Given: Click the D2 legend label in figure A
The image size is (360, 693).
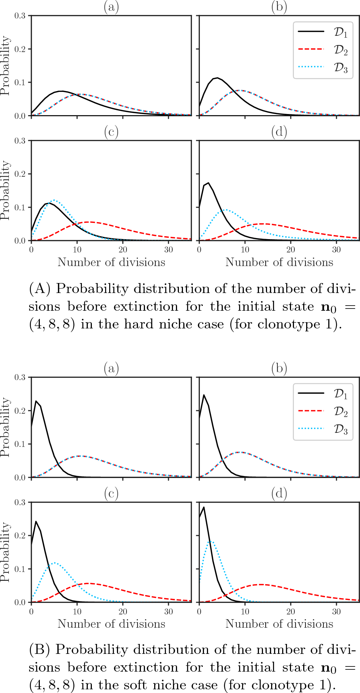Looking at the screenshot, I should coord(340,50).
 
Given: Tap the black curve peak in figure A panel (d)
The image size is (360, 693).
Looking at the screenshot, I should coord(208,183).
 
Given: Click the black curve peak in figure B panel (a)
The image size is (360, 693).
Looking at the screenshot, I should coord(36,401).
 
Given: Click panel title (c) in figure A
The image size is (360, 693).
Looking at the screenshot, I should coord(111,132).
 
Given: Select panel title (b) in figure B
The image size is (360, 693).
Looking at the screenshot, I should coord(279,368).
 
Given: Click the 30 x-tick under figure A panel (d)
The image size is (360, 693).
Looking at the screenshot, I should coord(336,249).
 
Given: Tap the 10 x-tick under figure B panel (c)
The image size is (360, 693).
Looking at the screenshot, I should coord(77,611).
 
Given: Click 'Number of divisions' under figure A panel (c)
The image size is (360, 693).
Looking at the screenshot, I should coord(111,262).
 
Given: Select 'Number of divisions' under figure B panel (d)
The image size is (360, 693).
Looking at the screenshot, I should coord(279,624).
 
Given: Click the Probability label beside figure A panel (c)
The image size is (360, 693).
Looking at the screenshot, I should coord(5,190).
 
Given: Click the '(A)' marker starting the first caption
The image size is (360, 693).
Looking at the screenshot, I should coord(39,289).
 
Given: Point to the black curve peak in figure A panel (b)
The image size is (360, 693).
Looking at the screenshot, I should coord(218,78).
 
